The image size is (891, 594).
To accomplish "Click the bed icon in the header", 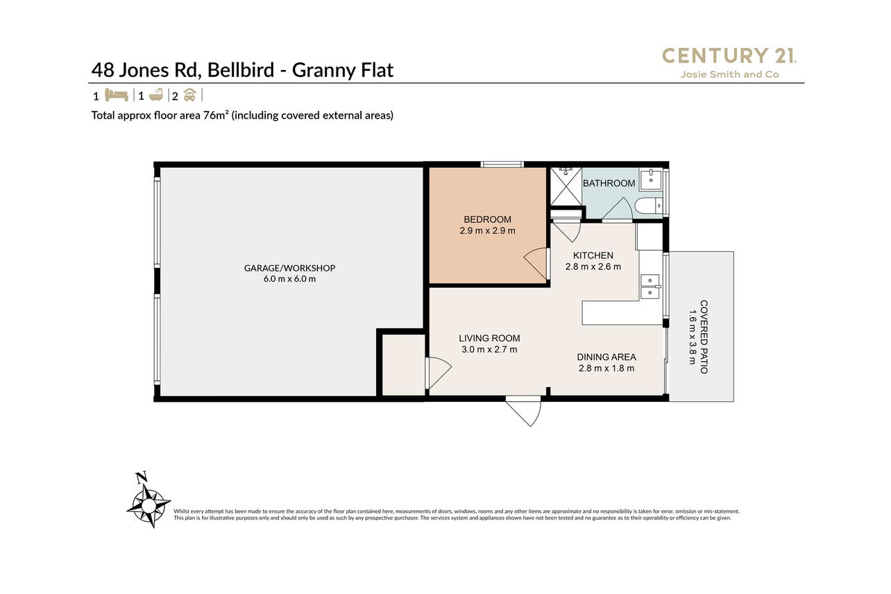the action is [117, 96].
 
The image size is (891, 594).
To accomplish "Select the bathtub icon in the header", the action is [155, 95].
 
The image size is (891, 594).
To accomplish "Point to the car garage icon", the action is [189, 95].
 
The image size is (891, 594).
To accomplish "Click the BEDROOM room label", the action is [487, 219].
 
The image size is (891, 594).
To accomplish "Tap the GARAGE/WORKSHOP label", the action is [289, 268].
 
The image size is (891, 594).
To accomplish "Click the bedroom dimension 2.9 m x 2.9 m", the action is [487, 230].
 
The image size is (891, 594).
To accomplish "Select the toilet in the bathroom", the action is [648, 206].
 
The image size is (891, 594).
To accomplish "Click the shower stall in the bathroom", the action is [566, 186].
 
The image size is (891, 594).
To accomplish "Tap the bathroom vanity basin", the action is [651, 179].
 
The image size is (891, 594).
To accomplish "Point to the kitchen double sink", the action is [650, 287].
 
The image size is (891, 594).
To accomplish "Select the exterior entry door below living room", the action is [523, 411].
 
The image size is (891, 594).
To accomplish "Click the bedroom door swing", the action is [536, 264].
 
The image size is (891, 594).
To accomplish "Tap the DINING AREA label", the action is [606, 357].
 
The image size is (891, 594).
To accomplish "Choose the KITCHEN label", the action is [593, 255].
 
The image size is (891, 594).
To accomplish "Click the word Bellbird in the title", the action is [241, 70].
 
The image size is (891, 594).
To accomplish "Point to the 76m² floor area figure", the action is [216, 115].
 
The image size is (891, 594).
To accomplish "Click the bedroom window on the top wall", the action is [502, 164].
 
